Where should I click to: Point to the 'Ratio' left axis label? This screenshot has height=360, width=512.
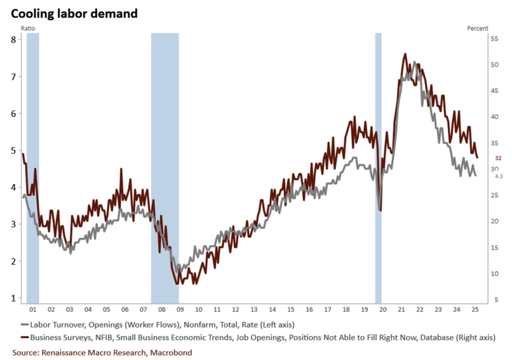pos(29,29)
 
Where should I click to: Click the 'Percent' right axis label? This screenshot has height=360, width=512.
pos(478,29)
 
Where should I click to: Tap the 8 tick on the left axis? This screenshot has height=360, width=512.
pos(13,39)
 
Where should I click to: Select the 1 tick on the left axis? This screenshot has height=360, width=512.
pos(13,298)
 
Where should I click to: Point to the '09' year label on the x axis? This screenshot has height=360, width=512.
pos(180,309)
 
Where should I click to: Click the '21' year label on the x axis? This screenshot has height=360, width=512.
pos(401,309)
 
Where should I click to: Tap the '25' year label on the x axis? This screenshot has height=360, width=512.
pos(475,309)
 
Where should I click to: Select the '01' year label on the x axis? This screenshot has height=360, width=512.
pos(32,309)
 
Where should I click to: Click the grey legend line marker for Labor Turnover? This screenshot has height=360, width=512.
pos(25,324)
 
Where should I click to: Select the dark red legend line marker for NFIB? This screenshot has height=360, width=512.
pos(25,337)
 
